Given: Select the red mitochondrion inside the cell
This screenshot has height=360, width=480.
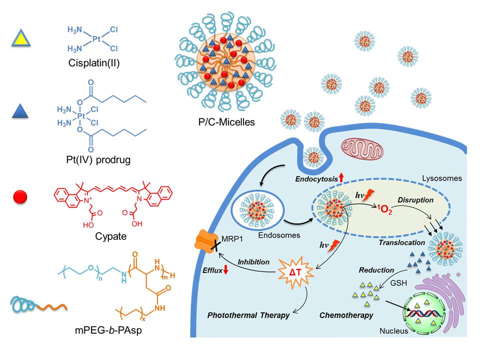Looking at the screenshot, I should point(363,150).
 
